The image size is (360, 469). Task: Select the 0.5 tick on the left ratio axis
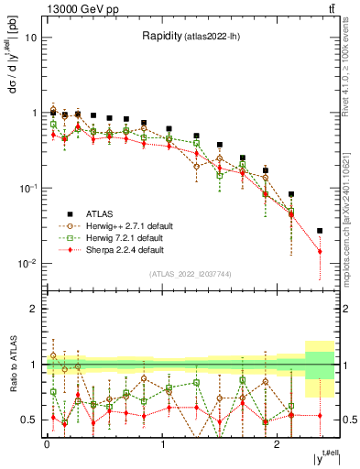click(x=28, y=420)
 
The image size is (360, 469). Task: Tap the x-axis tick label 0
click(x=47, y=443)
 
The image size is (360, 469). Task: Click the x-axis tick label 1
click(x=162, y=443)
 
